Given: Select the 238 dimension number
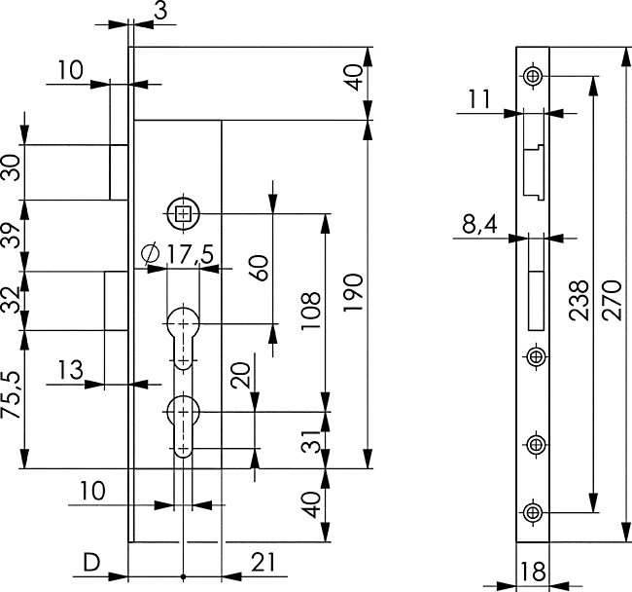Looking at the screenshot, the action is coord(579,300).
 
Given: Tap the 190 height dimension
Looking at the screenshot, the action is coord(354,292).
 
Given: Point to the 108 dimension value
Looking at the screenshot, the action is coord(311,310).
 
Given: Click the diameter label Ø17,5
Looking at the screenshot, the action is coord(177,254).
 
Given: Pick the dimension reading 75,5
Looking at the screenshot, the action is coord(11,395).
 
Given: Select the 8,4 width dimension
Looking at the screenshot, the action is coord(479,224).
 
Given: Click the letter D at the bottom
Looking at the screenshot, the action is coord(91,563).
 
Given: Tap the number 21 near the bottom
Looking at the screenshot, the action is coord(263,563).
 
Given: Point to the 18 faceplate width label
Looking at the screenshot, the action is coord(533,572).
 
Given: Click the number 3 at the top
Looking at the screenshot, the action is coord(160,11).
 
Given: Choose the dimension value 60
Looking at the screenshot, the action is coord(259,267).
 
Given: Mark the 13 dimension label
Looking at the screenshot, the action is coord(71,370).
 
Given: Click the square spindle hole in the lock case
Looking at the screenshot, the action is coord(183,213).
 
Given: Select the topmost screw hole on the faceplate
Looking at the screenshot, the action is coord(533,76).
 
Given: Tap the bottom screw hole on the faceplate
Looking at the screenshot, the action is coord(533,512).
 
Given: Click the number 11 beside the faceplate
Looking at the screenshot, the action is coord(478,99).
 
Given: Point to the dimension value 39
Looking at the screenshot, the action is coord(11,236).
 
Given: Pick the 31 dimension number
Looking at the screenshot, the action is coord(311,441).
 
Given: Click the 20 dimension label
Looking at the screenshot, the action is coord(240,375).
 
